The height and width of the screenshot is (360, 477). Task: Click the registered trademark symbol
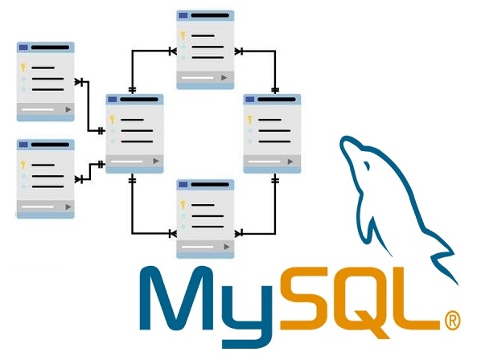452,320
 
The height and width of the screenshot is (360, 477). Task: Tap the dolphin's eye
367,166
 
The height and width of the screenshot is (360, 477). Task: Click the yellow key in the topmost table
183,36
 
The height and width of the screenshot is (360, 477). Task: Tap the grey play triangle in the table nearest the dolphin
290,162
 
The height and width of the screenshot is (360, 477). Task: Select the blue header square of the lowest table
183,185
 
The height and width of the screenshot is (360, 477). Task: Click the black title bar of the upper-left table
50,47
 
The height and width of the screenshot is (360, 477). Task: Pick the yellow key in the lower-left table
23,165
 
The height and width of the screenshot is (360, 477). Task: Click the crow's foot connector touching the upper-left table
79,82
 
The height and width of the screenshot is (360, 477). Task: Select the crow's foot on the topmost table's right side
239,51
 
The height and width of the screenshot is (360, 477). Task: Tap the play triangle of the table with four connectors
156,161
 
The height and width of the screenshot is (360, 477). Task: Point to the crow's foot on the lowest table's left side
172,234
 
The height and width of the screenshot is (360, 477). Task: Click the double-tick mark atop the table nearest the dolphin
275,90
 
